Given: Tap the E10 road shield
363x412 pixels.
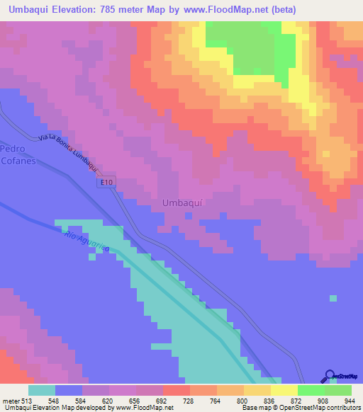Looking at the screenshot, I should tap(106, 183).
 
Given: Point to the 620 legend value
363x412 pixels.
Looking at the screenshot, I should tap(108, 400).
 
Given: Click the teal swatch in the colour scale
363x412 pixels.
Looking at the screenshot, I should tap(42, 390).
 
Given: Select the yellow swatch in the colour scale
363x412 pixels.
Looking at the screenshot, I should tap(284, 390).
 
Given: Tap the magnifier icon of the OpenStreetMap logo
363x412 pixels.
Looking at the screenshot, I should tap(331, 377).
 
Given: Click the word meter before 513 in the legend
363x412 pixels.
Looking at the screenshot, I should tap(11, 400).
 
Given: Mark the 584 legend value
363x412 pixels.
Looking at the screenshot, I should tap(82, 400).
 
